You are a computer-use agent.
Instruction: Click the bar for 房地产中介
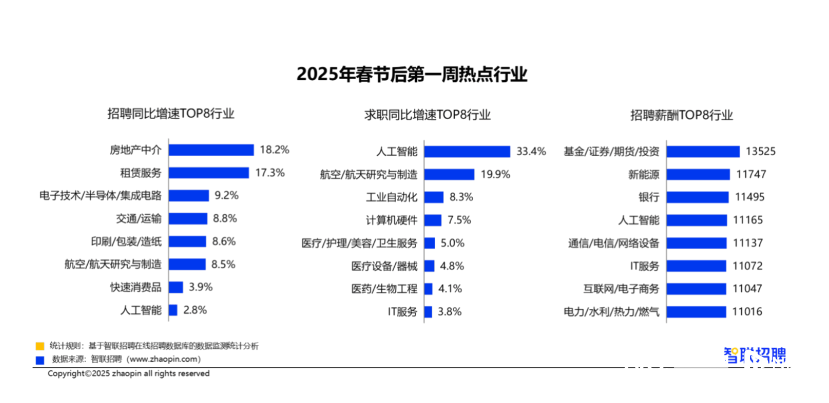click(x=212, y=150)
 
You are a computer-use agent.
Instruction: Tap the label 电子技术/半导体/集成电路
click(x=100, y=196)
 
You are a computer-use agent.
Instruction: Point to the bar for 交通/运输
click(x=188, y=218)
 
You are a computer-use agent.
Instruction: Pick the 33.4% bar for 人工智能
click(x=467, y=152)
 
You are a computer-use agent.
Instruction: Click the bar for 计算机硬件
click(x=433, y=220)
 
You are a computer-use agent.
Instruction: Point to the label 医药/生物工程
click(x=384, y=289)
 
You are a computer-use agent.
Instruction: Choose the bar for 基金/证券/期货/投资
click(x=703, y=152)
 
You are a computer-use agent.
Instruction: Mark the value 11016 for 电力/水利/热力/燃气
click(x=747, y=312)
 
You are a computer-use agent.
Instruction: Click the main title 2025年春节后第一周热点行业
click(x=412, y=74)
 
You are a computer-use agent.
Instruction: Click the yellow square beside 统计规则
click(x=40, y=346)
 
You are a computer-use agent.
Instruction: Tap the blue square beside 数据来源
click(x=40, y=360)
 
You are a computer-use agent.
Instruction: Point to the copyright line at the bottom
click(x=128, y=374)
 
